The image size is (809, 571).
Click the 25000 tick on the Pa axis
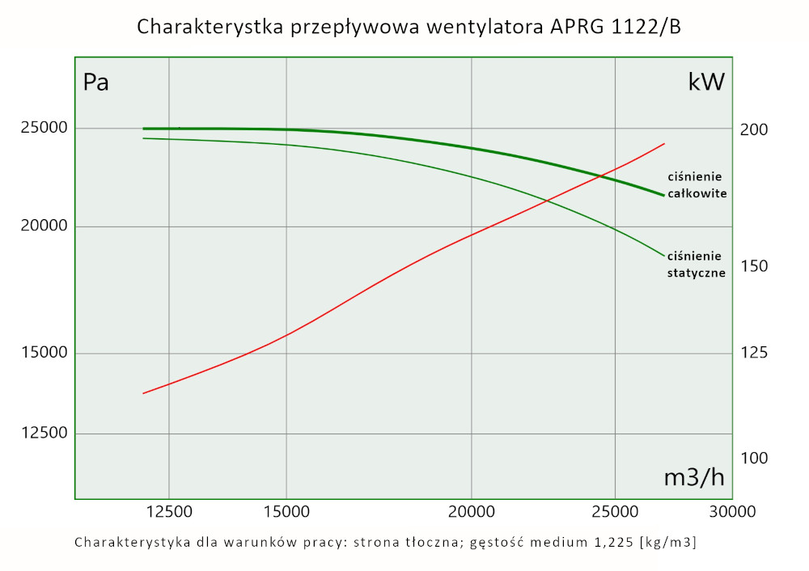[x=39, y=129]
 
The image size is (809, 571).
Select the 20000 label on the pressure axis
[x=39, y=226]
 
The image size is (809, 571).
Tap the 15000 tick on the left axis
[x=39, y=353]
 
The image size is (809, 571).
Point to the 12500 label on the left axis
[x=39, y=434]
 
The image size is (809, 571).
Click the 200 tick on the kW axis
[x=753, y=130]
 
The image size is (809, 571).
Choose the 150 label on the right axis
[x=753, y=266]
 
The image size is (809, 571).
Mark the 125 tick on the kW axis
[x=753, y=353]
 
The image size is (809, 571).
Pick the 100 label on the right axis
[x=753, y=458]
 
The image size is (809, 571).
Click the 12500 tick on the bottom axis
[x=170, y=511]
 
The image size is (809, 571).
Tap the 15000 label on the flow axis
[x=287, y=511]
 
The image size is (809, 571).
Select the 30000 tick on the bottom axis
[x=732, y=511]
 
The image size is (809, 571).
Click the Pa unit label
[x=96, y=82]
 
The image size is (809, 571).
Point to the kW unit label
[x=706, y=82]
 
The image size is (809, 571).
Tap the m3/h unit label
[x=694, y=477]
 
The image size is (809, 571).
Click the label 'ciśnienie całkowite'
[x=697, y=185]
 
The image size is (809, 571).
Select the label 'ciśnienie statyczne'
[x=696, y=264]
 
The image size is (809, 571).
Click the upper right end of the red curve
[x=664, y=144]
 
